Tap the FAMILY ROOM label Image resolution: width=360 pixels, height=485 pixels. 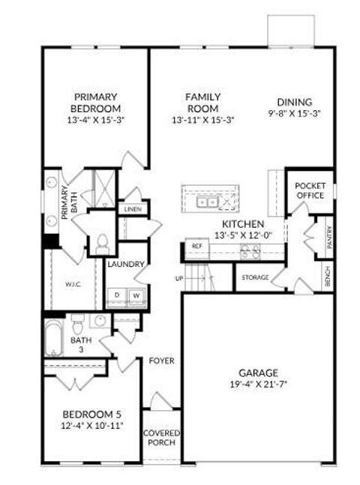pos(202,103)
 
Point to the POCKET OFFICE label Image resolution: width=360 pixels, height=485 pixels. pos(309,190)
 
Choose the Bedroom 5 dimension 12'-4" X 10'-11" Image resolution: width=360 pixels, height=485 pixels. pos(91,425)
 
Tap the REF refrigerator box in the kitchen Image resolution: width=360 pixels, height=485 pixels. pos(197,245)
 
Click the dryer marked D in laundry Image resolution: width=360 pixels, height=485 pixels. pos(117,295)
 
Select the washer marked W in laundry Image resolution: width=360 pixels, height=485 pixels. pos(136,295)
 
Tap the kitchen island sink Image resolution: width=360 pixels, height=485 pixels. pos(207,202)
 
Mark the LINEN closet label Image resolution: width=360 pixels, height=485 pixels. pos(133,209)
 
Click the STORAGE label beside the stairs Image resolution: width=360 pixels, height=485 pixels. pos(255,277)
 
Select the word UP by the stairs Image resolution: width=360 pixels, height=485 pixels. pos(179,279)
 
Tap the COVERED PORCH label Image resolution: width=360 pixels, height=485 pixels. pos(160,438)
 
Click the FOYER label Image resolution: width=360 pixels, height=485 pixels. pos(161,361)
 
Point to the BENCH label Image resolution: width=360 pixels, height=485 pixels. pos(328,278)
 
